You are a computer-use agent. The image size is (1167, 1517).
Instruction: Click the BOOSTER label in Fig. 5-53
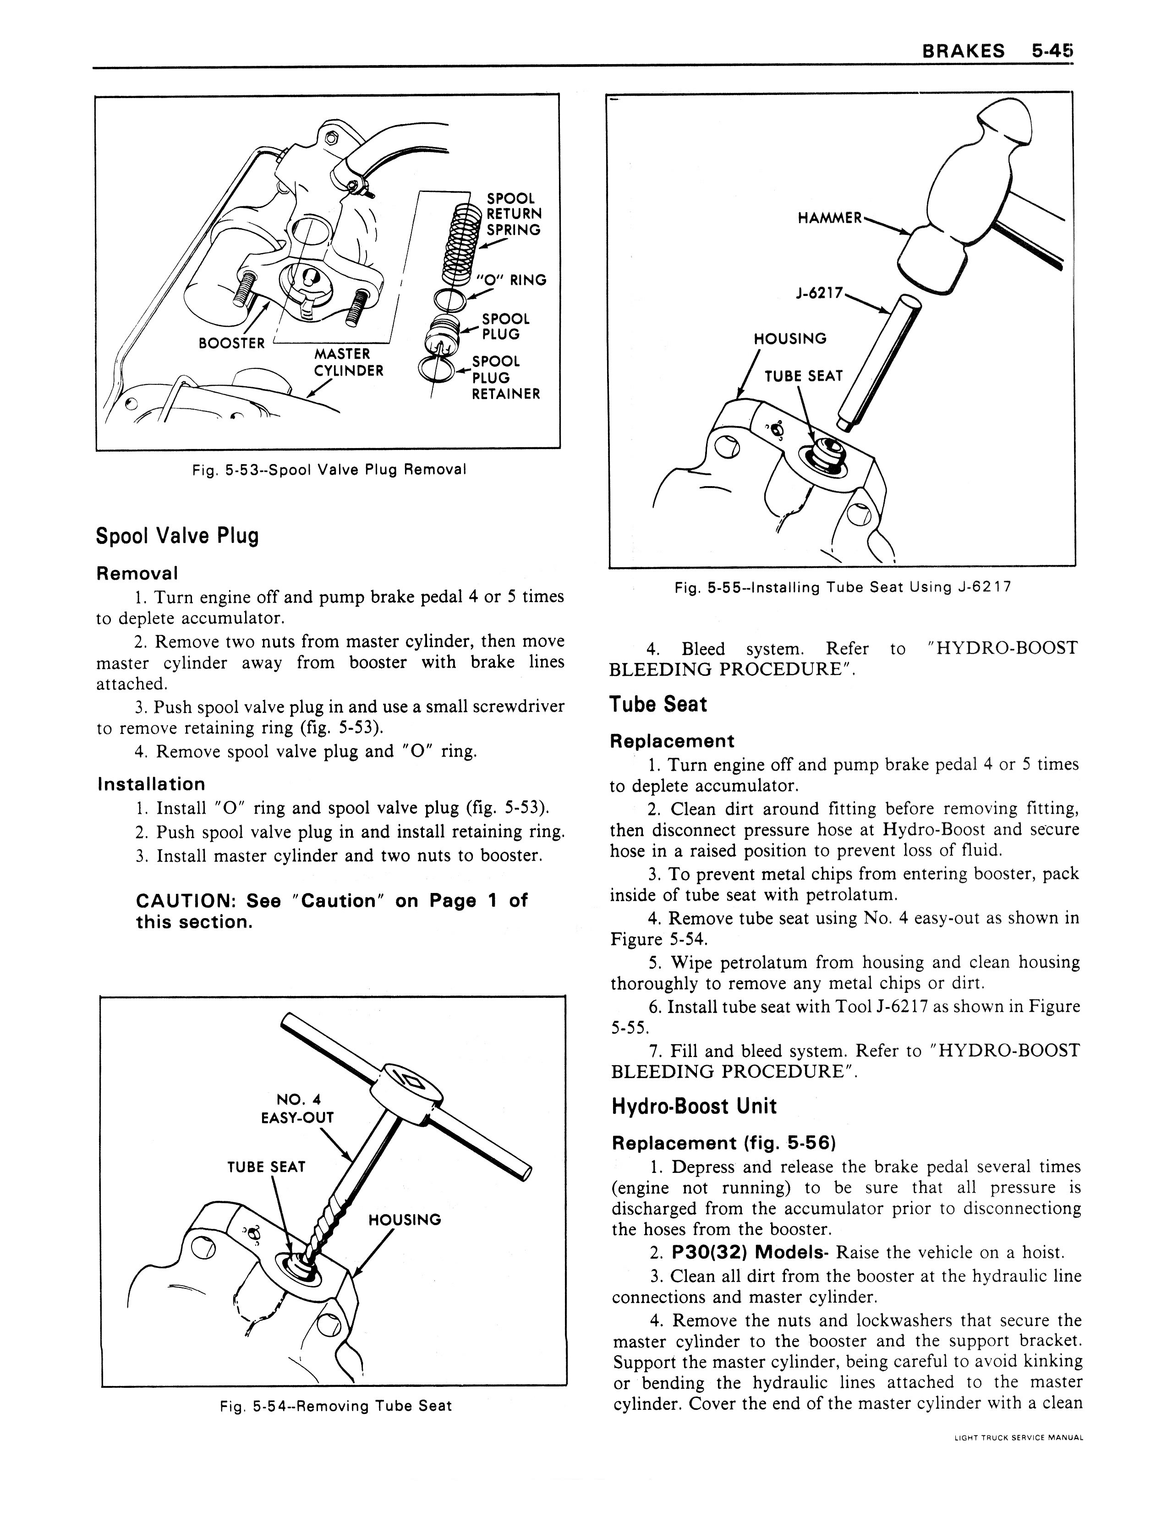pos(231,343)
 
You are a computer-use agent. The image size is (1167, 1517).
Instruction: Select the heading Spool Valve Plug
pos(177,536)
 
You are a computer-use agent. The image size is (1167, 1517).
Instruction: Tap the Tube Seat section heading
pos(658,704)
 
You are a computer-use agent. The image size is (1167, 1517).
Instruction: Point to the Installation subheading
pos(151,784)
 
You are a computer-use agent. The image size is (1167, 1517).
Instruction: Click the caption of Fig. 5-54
pos(335,1406)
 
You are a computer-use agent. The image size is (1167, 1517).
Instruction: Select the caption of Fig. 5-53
pos(329,470)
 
